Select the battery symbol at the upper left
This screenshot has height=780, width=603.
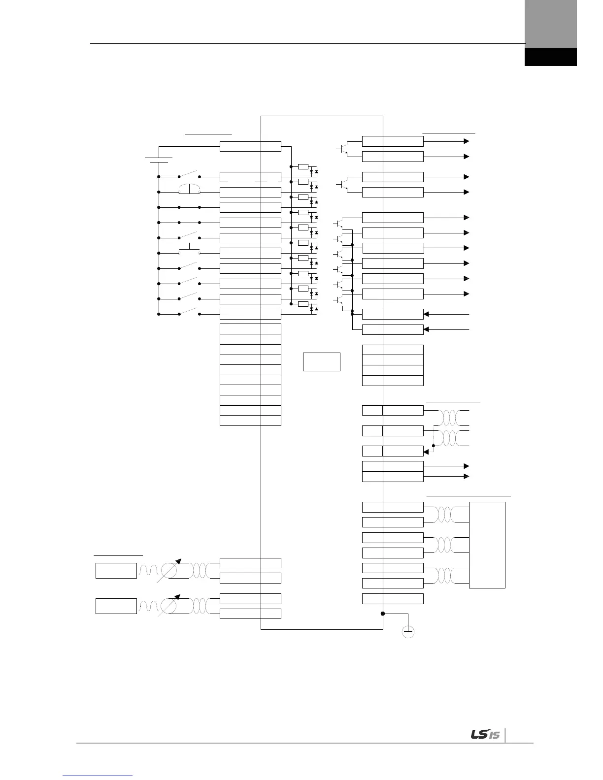click(159, 159)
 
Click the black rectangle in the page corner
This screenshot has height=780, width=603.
click(550, 57)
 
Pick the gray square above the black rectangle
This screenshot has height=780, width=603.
click(550, 24)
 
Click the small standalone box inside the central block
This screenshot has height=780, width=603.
click(321, 361)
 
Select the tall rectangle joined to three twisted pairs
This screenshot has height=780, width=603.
click(487, 545)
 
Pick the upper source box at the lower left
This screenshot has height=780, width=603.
click(116, 570)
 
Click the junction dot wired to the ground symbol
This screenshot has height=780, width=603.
click(383, 614)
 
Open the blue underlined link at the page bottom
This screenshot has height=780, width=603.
click(98, 776)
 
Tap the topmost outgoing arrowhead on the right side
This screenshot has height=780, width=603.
click(466, 141)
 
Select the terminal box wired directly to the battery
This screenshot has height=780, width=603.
click(250, 146)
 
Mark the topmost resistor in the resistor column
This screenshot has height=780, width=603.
click(303, 166)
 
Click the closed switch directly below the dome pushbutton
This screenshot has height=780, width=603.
click(189, 207)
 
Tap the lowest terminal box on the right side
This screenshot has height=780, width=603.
click(393, 599)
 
